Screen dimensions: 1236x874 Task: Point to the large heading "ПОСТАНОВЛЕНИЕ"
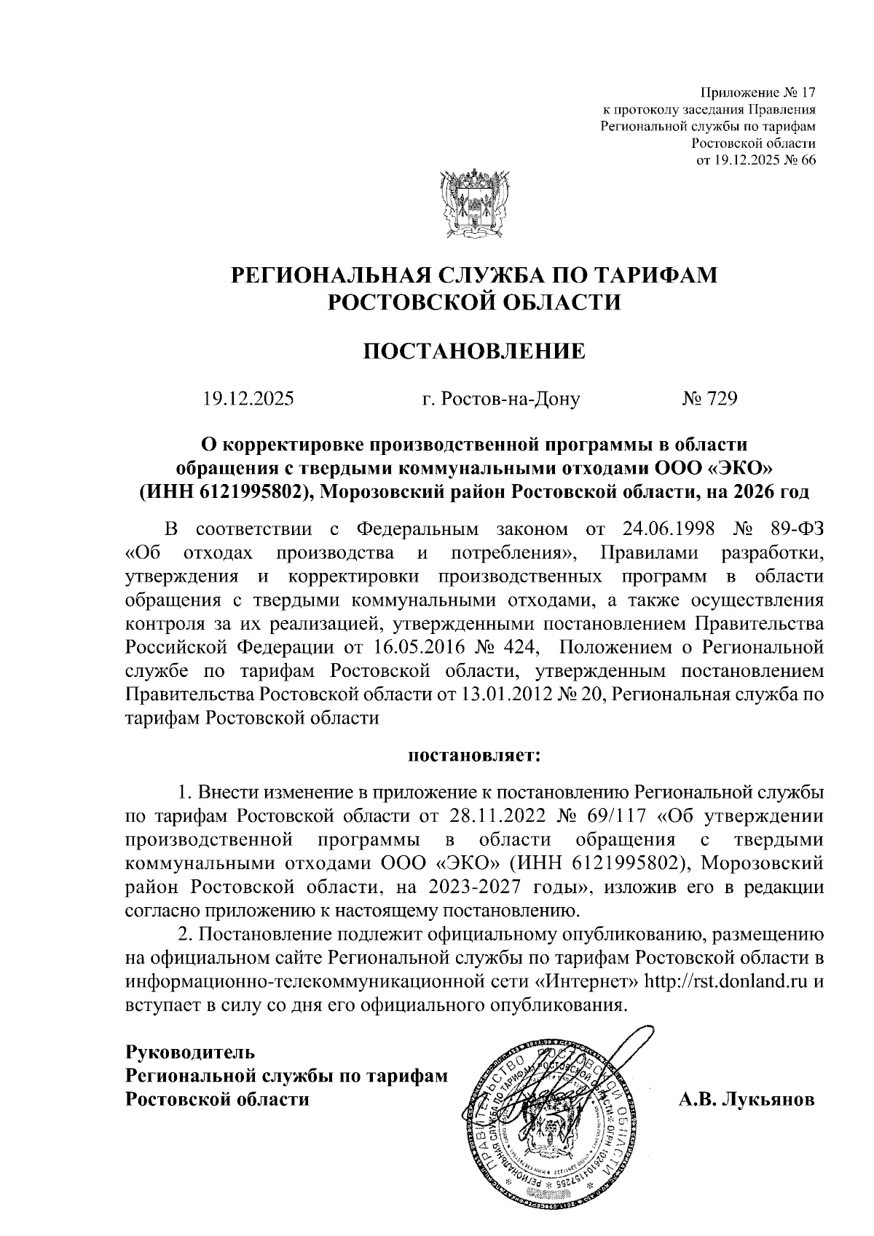[x=474, y=351]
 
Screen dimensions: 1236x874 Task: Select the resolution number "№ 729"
[x=709, y=399]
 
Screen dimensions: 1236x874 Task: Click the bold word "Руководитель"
[x=190, y=1051]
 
